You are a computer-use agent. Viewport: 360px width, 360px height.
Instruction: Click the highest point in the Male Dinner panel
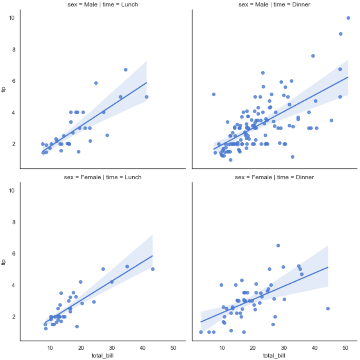pyautogui.click(x=348, y=18)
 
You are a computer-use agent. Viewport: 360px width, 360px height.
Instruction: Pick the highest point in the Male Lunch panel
pyautogui.click(x=126, y=70)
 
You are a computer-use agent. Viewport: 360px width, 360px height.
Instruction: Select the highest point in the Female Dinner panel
pyautogui.click(x=278, y=246)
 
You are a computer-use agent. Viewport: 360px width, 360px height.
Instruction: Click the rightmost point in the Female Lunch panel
pyautogui.click(x=153, y=269)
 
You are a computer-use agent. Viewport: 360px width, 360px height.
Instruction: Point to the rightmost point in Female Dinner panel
pyautogui.click(x=328, y=308)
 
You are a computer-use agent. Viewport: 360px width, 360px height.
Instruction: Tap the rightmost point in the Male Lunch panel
pyautogui.click(x=147, y=97)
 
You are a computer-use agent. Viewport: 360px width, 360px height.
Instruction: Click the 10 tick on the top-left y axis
pyautogui.click(x=12, y=18)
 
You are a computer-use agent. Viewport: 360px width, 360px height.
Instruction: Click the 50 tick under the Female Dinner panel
pyautogui.click(x=345, y=347)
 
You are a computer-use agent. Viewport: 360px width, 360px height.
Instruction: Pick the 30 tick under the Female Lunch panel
pyautogui.click(x=111, y=347)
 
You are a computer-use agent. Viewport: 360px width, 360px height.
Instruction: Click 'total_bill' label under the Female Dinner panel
pyautogui.click(x=274, y=355)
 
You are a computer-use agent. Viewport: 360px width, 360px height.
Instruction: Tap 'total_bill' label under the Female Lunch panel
pyautogui.click(x=102, y=355)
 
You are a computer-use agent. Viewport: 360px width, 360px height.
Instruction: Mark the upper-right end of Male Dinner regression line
pyautogui.click(x=348, y=77)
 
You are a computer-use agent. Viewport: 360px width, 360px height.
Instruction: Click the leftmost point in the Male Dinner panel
pyautogui.click(x=213, y=94)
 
